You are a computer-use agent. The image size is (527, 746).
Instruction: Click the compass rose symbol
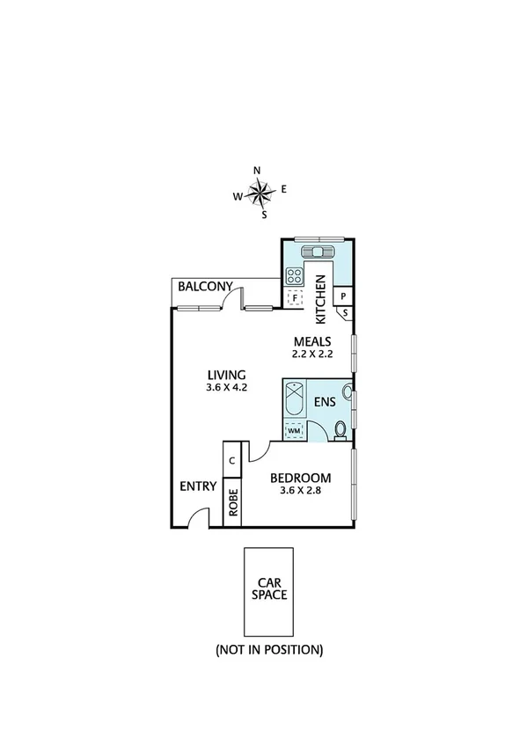tap(260, 191)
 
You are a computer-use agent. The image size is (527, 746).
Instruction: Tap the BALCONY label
tap(205, 287)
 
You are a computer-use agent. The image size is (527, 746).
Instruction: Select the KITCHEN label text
tap(321, 299)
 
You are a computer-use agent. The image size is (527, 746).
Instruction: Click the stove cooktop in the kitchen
tap(294, 274)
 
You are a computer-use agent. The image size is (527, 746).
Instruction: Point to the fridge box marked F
tap(295, 297)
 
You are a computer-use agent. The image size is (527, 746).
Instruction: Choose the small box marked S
tap(345, 312)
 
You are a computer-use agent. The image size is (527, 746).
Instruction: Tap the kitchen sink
tap(316, 252)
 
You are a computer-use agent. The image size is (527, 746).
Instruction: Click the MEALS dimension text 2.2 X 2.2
tap(311, 354)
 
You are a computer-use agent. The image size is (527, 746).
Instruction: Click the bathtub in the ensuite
tap(294, 399)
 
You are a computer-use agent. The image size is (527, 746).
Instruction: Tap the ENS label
tap(326, 403)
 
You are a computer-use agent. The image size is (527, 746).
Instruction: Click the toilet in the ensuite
tap(340, 430)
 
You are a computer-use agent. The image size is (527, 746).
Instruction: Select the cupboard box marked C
tap(231, 460)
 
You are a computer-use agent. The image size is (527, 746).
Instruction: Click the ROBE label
tap(232, 501)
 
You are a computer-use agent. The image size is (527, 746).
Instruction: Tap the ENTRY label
tap(198, 486)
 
